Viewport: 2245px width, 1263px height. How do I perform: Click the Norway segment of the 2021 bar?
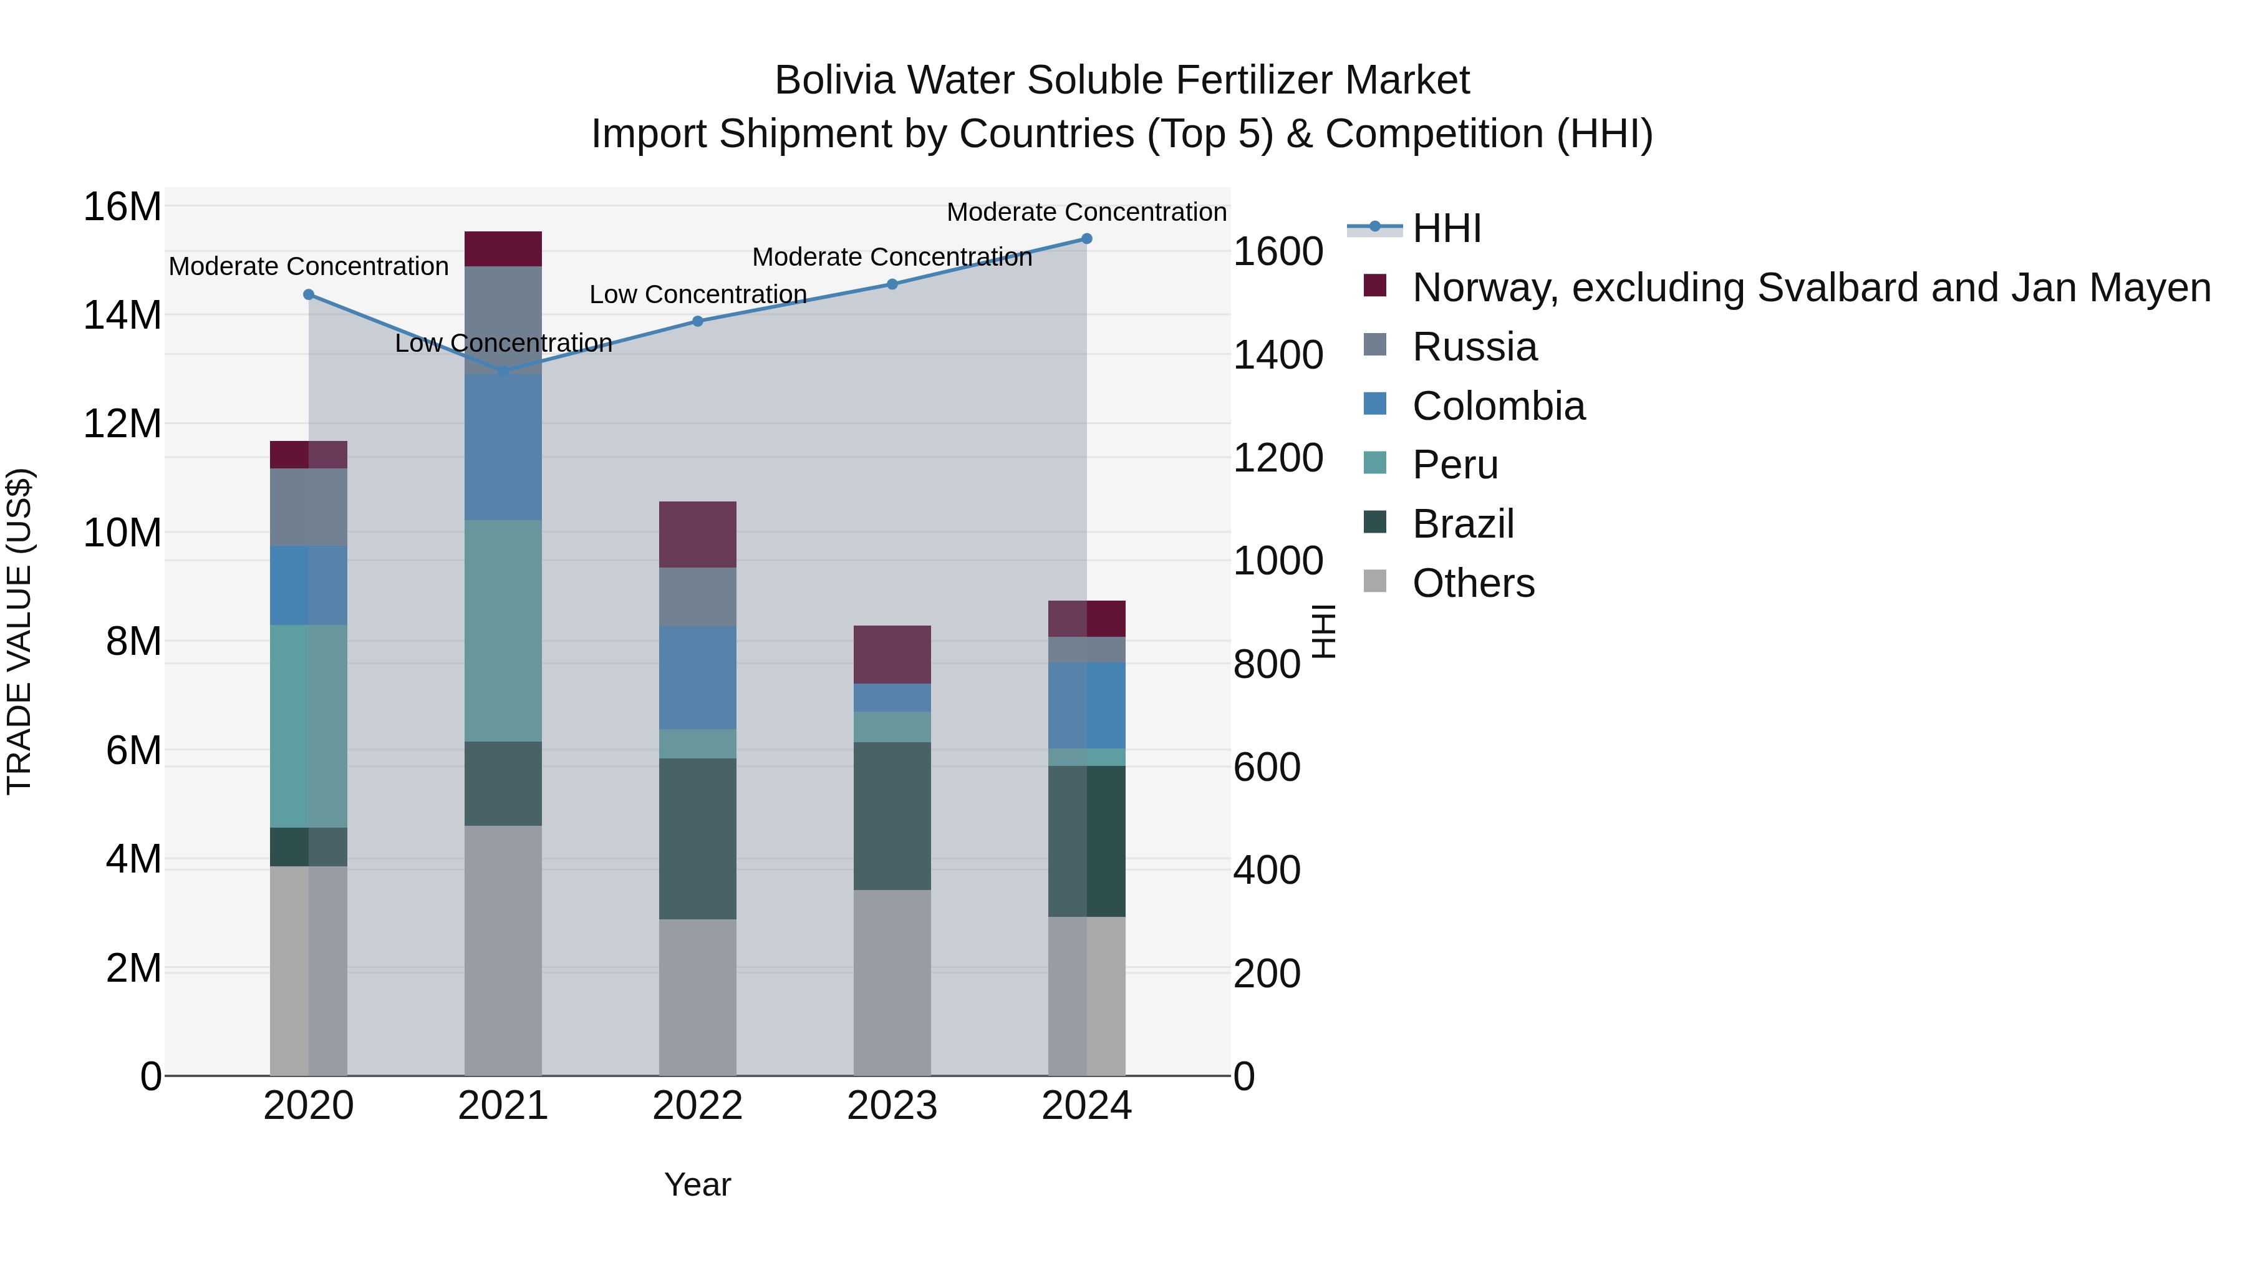(x=503, y=249)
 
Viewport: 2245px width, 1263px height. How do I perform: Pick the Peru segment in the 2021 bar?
(x=503, y=631)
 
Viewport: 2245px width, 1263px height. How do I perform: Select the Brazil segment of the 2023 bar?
(x=892, y=816)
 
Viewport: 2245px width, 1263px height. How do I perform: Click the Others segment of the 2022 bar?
(x=697, y=997)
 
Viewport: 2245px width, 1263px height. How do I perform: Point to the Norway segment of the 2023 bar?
(x=892, y=655)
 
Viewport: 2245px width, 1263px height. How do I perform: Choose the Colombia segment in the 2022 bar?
(x=697, y=677)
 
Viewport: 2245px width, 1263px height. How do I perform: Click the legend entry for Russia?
(x=1475, y=347)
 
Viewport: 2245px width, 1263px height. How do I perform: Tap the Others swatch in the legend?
(x=1374, y=581)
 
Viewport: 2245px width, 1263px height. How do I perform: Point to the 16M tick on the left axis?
(x=122, y=208)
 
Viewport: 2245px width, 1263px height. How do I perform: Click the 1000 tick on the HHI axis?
(x=1278, y=561)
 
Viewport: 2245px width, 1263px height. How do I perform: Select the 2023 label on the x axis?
(x=892, y=1106)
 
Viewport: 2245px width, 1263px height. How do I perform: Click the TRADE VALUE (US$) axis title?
(x=20, y=631)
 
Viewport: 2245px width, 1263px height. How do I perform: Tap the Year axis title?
(x=697, y=1184)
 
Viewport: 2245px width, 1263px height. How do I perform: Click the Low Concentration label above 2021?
(x=503, y=344)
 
